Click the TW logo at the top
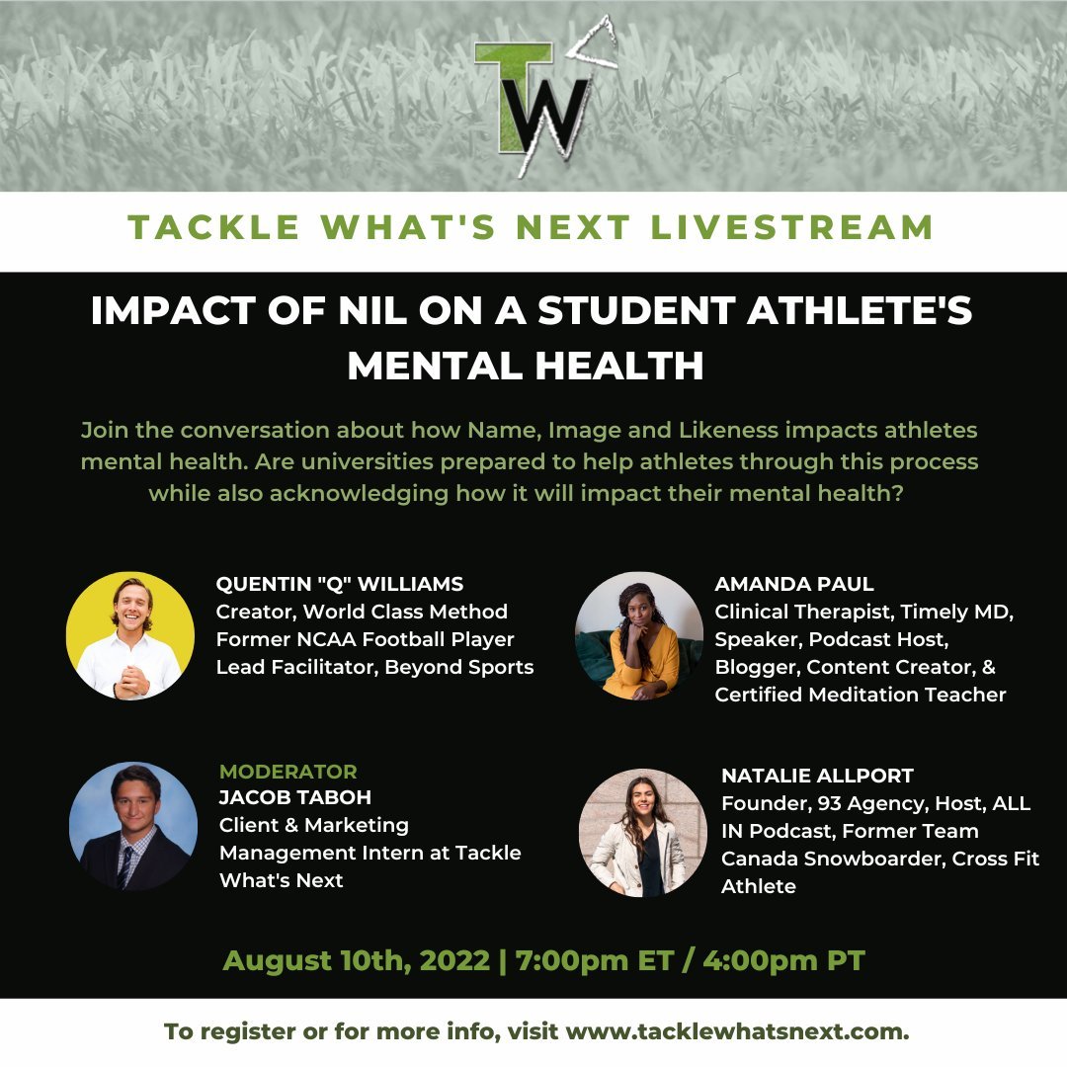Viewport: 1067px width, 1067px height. pos(537,104)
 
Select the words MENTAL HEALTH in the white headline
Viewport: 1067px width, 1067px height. pos(525,366)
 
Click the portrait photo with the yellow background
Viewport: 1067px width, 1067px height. pos(129,635)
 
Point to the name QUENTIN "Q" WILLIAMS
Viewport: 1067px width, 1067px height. pos(340,584)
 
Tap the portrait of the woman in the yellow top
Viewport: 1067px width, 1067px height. pos(638,635)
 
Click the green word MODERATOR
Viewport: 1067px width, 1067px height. pos(288,771)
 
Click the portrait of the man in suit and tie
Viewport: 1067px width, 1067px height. pos(133,825)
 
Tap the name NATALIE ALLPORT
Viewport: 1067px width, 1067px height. pos(816,776)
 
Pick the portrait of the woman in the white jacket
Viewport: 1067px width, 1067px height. pos(643,832)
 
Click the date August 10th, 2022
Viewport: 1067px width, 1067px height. pos(356,960)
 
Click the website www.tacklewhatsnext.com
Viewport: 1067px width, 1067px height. pos(737,1032)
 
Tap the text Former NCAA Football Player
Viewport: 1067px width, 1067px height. pos(365,639)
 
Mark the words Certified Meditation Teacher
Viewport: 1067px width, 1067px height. pos(861,695)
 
